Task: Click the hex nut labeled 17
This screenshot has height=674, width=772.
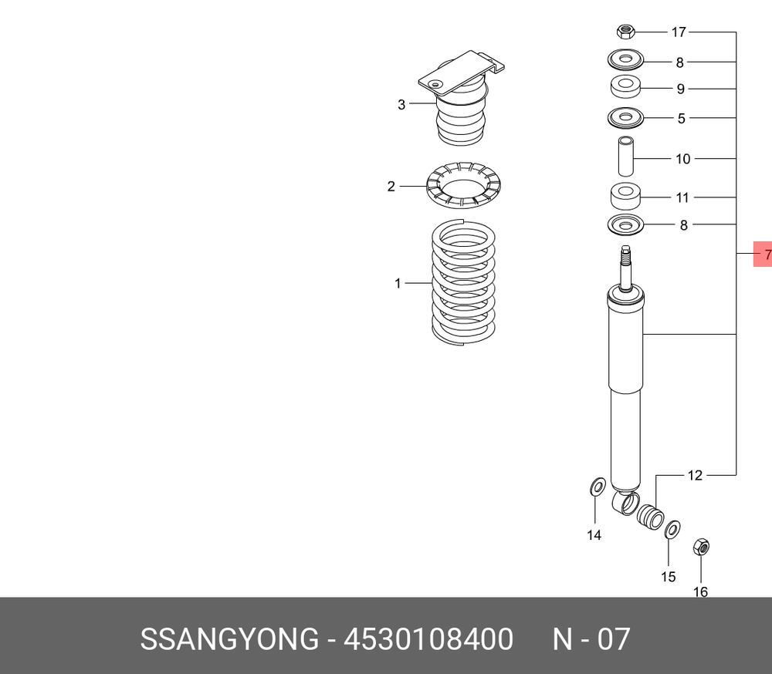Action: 625,32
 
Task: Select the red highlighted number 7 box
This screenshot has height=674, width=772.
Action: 763,254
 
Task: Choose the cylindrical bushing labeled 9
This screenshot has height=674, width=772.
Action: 625,86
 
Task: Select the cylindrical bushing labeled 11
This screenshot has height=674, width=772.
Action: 625,197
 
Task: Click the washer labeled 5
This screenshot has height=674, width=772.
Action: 625,118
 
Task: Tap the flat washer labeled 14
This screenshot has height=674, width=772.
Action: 596,487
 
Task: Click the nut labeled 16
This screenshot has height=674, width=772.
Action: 701,547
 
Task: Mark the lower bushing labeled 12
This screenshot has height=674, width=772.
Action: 650,516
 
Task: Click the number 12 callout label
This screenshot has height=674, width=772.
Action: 695,476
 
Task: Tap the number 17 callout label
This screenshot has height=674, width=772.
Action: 679,32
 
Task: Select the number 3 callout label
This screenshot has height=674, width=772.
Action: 401,104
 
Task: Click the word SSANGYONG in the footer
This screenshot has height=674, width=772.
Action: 229,640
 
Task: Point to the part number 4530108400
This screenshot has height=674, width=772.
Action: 428,640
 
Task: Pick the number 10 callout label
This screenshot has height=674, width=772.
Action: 682,160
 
